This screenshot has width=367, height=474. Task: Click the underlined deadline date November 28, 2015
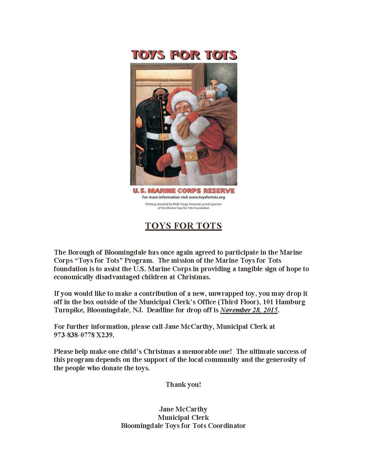tap(249, 310)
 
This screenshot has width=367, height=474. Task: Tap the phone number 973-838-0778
tap(74, 335)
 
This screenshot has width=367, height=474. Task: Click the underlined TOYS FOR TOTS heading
tap(183, 225)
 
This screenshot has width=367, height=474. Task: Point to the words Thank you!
tap(183, 385)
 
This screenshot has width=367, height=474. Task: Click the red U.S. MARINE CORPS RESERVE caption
tap(184, 191)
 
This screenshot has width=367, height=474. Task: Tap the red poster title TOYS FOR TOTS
tap(184, 55)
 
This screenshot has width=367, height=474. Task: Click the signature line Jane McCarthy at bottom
tap(183, 409)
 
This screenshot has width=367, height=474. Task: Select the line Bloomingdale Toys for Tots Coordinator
tap(183, 426)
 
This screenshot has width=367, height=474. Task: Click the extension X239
tap(105, 335)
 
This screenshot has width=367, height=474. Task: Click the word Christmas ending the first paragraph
tap(193, 277)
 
